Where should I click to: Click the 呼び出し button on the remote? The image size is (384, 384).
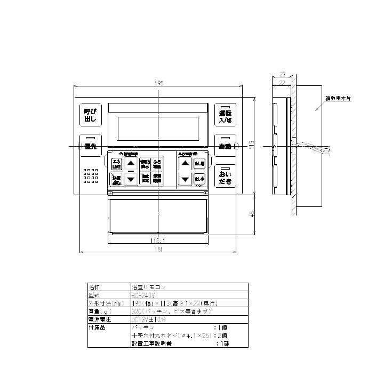[90, 117]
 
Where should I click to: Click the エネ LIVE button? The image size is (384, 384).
[116, 164]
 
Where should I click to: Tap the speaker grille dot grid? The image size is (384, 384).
[90, 177]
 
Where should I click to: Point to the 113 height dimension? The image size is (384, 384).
[252, 145]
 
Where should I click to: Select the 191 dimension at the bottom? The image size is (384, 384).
[160, 249]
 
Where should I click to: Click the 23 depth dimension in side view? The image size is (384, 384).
[283, 75]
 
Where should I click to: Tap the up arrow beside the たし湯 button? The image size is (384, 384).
[185, 164]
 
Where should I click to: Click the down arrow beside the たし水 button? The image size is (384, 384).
[185, 179]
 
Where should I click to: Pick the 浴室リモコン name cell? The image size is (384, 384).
[149, 286]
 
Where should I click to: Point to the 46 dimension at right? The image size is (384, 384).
[252, 213]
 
